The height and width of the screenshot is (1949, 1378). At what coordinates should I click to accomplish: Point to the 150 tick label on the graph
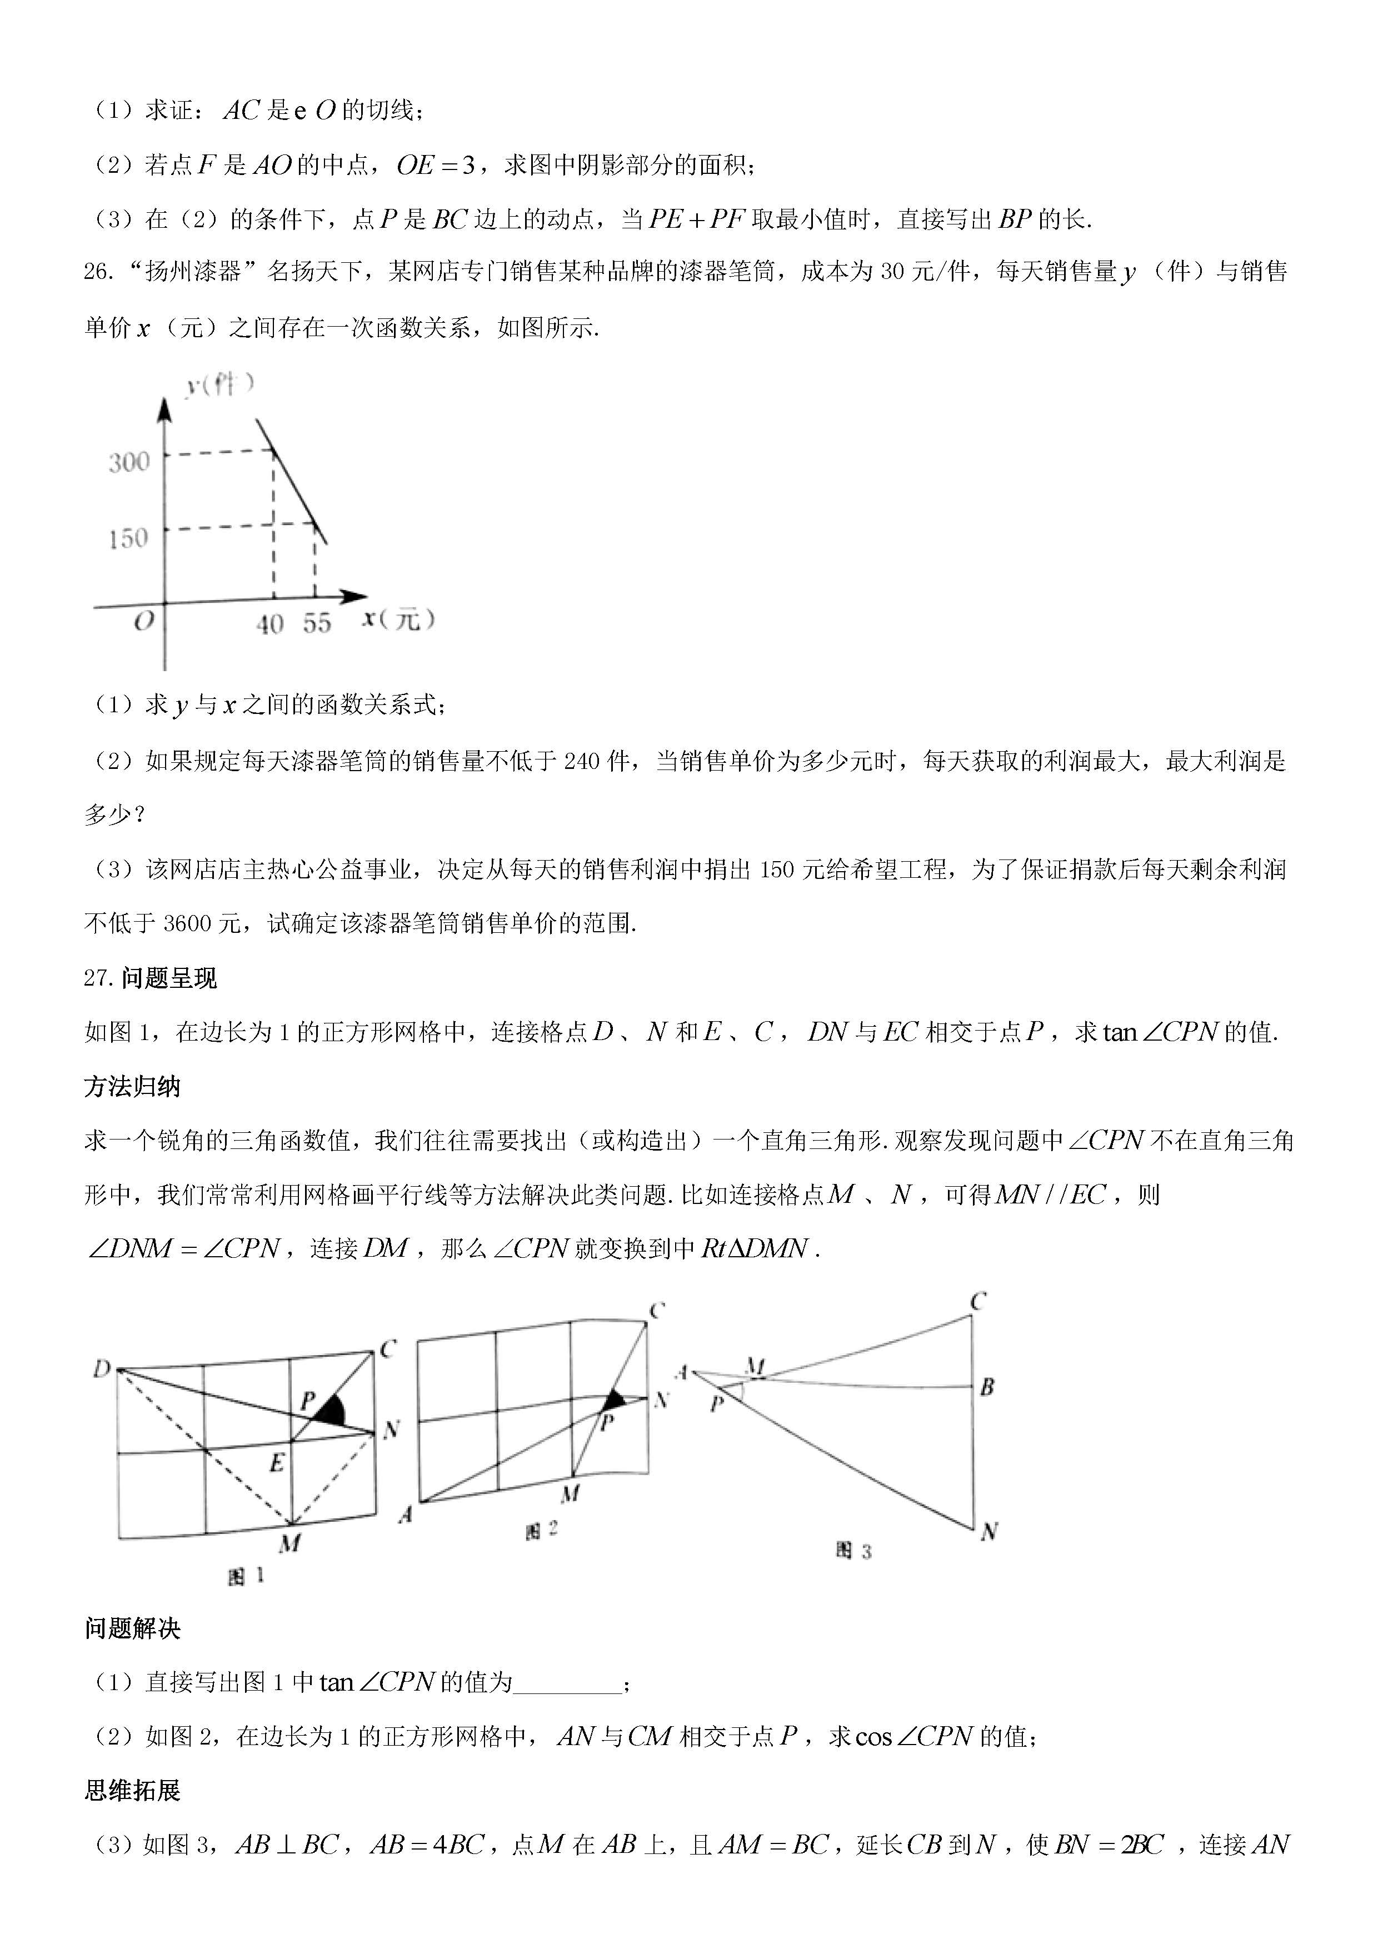[x=128, y=538]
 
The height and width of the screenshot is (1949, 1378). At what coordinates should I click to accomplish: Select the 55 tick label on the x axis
[x=317, y=624]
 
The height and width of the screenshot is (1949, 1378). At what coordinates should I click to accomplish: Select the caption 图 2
[x=541, y=1531]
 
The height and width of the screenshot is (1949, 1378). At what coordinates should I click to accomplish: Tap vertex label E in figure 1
[x=277, y=1463]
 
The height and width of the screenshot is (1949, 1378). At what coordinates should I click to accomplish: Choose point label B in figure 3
[x=987, y=1387]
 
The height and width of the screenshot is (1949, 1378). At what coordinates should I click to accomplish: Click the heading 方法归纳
[x=132, y=1087]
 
